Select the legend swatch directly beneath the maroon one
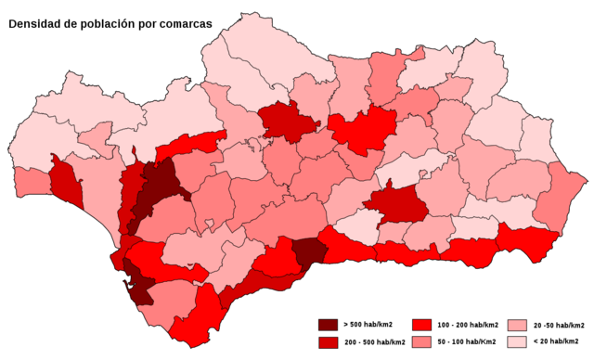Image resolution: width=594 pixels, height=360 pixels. [328, 342]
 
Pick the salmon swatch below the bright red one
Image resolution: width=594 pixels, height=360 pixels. [422, 342]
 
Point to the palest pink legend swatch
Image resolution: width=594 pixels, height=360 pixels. [517, 342]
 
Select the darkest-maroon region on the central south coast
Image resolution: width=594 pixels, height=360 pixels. [308, 251]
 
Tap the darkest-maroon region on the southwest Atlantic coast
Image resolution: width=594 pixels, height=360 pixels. [139, 288]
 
